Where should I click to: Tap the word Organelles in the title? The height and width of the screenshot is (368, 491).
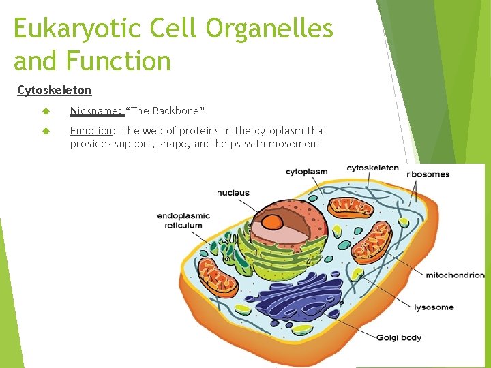click(x=269, y=29)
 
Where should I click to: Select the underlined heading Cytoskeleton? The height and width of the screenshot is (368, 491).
click(x=54, y=90)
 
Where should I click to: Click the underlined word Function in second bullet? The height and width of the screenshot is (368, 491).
click(x=91, y=130)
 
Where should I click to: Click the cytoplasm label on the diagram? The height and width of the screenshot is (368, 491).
click(x=306, y=172)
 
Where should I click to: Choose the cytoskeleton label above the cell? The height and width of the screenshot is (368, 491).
click(x=372, y=168)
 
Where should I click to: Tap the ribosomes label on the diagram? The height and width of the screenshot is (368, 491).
click(x=428, y=174)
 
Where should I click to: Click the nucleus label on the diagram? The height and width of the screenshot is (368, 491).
click(x=233, y=193)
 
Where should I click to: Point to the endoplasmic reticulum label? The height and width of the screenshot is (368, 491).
click(x=183, y=221)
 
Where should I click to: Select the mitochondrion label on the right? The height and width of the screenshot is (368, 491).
click(x=454, y=275)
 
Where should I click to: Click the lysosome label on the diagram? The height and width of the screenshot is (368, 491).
click(x=434, y=307)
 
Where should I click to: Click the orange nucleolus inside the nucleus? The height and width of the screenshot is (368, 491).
click(x=273, y=222)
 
